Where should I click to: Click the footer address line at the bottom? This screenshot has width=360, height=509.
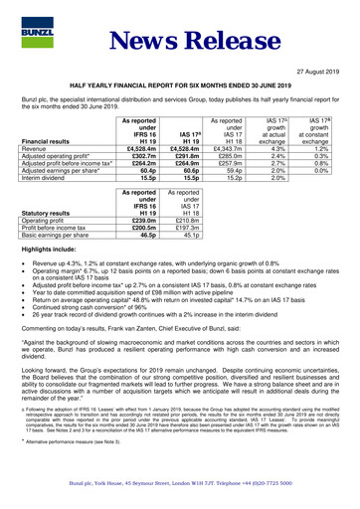(x=180, y=494)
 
